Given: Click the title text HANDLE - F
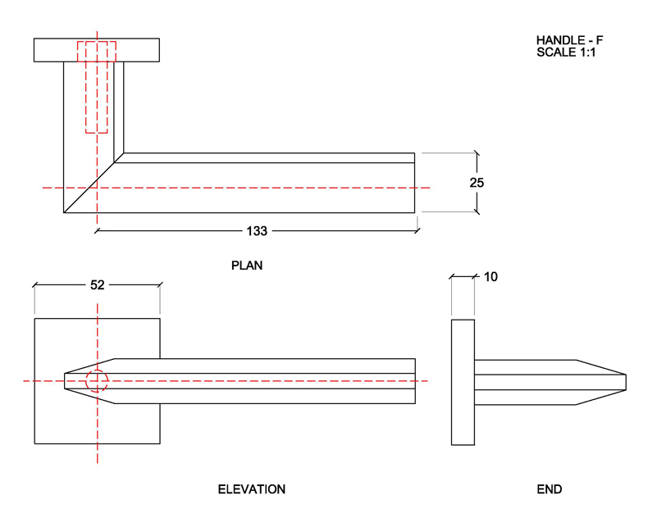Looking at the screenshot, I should coord(569,40).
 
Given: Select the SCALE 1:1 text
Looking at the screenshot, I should coord(569,52).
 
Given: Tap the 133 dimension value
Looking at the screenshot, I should coord(257,231).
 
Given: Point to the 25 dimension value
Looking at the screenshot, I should coord(477,183).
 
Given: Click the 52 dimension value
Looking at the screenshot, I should coord(97,285).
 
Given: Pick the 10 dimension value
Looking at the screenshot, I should coord(491,277).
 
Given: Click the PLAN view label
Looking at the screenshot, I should coord(247,266).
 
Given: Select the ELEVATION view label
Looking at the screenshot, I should coord(251,489).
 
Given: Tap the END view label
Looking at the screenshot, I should coord(549,489).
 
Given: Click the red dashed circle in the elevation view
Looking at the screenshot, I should coord(97,381).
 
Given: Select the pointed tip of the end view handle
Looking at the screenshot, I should coord(623,381).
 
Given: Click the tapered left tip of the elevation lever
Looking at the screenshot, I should coord(69,381).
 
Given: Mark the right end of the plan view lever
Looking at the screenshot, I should coord(413,183).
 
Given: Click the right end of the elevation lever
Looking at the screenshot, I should coord(413,381).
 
